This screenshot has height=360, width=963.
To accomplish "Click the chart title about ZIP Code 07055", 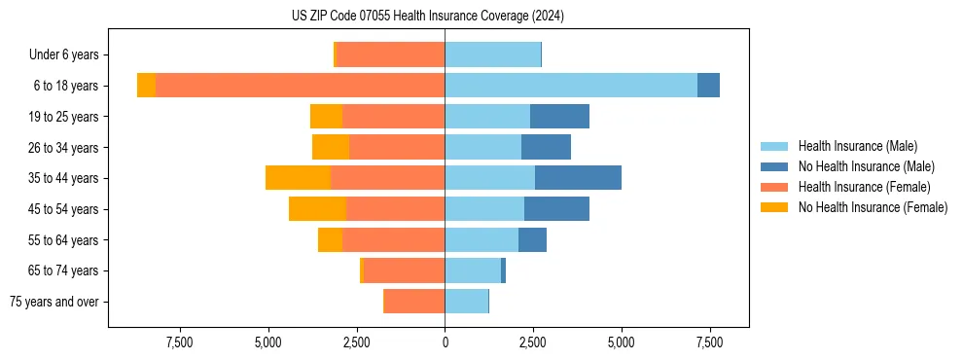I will pos(428,17).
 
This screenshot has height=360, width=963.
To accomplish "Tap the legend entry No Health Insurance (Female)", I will pos(873,207).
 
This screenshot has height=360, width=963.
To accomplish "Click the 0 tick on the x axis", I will pos(445,342).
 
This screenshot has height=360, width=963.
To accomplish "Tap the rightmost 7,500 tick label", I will pos(709,342).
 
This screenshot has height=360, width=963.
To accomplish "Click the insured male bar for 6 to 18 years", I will pos(571,86).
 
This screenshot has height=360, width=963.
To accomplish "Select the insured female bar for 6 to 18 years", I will pos(300,86).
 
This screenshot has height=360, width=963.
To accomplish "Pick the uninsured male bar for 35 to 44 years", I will pos(578,178).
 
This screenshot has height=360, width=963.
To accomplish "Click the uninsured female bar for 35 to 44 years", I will pos(298,178).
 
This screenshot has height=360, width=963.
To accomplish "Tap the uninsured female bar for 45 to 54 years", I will pos(317,209).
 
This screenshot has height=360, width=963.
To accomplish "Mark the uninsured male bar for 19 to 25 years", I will pos(559,117).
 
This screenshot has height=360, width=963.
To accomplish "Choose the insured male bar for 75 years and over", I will pos(466,302).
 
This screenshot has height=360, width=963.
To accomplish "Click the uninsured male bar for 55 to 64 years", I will pos(532,240).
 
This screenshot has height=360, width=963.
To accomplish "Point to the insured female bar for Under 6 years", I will pos(390,55).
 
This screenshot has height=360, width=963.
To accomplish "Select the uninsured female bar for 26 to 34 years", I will pos(331,148).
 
